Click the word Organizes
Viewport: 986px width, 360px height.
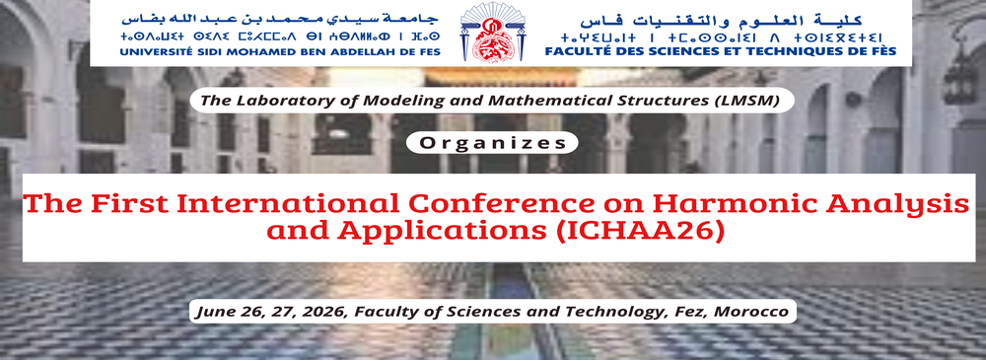[493, 142]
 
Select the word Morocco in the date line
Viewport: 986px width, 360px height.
[752, 312]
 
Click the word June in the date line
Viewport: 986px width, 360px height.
[215, 312]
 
